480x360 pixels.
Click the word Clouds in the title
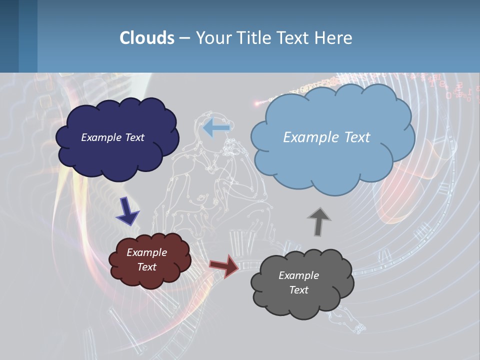pos(146,38)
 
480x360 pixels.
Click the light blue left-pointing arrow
pos(216,128)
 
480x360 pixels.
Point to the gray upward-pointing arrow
pos(318,221)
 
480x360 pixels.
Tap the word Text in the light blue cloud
pos(353,137)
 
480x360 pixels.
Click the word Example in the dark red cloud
pos(146,252)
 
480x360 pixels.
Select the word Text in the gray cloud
pos(298,290)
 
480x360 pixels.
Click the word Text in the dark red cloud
pos(146,267)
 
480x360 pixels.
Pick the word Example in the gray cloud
pos(298,275)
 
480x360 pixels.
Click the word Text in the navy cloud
pos(134,137)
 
